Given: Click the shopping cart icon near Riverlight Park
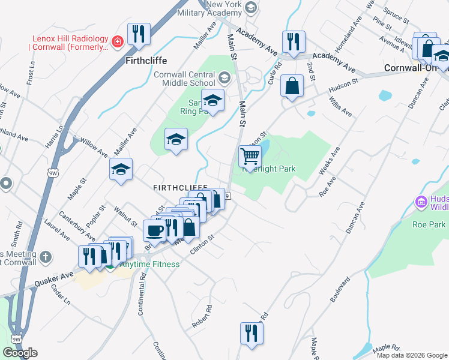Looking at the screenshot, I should click(250, 157).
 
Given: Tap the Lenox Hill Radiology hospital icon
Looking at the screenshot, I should click(118, 41).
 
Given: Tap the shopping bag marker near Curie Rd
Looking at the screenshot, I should click(292, 86).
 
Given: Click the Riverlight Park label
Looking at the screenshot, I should click(269, 169).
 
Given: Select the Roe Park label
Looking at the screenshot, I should click(429, 224).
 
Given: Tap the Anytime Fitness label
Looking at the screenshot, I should click(149, 264).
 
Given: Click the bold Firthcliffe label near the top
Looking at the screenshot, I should click(146, 61).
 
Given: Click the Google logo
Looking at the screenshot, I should click(20, 352).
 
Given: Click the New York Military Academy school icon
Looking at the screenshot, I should click(251, 8).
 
